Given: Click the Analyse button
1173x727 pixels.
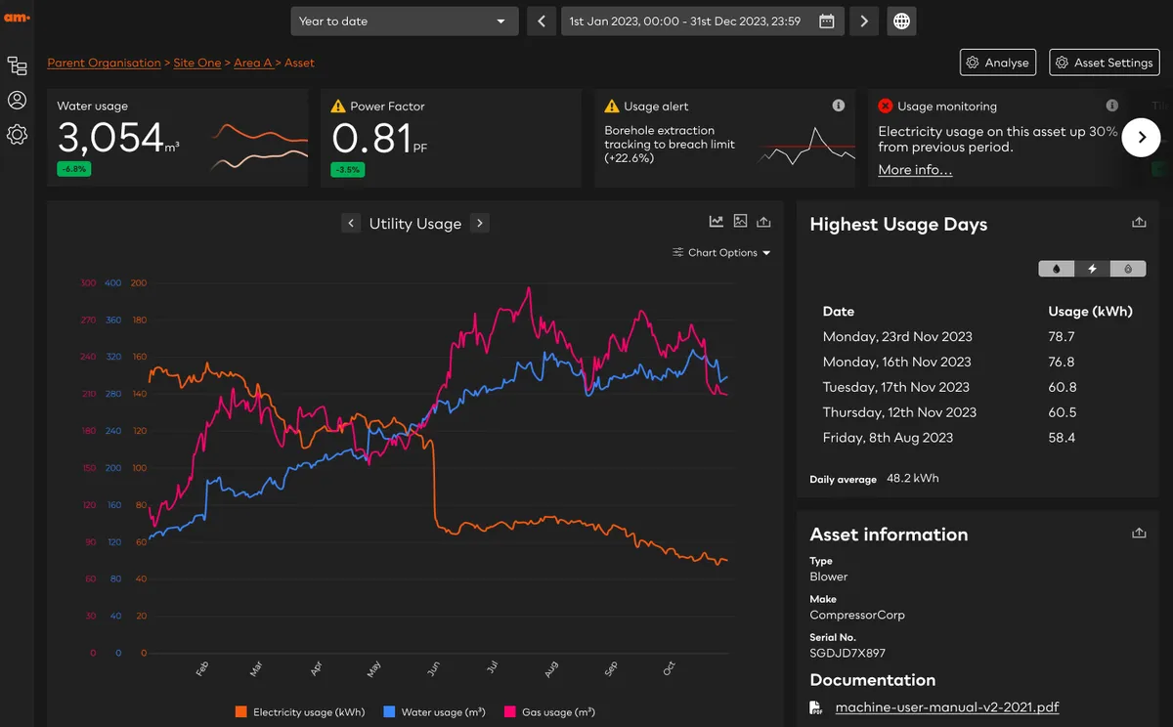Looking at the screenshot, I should (997, 63).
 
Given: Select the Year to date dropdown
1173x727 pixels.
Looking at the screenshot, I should (403, 21).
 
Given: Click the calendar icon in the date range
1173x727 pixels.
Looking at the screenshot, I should (827, 21).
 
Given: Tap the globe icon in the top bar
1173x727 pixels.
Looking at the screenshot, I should (901, 21).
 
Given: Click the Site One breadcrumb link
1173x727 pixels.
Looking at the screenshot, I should (197, 63).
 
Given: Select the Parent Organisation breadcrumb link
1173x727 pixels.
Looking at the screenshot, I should (104, 63).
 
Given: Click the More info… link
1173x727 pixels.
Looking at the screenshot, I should (915, 170).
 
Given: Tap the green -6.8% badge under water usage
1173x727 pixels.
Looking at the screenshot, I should (73, 169).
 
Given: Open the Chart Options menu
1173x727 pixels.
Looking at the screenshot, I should (722, 252).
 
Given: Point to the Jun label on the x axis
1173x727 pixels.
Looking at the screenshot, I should (433, 669).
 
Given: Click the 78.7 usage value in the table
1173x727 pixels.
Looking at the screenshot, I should (1062, 336).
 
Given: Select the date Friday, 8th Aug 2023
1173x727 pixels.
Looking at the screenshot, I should (888, 438).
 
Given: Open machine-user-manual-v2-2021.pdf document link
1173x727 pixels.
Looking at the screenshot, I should (946, 707).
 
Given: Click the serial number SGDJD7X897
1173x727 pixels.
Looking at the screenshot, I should (847, 653).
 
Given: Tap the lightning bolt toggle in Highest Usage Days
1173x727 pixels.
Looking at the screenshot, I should (1092, 269).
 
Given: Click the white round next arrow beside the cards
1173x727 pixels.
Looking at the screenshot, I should (1141, 138).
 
